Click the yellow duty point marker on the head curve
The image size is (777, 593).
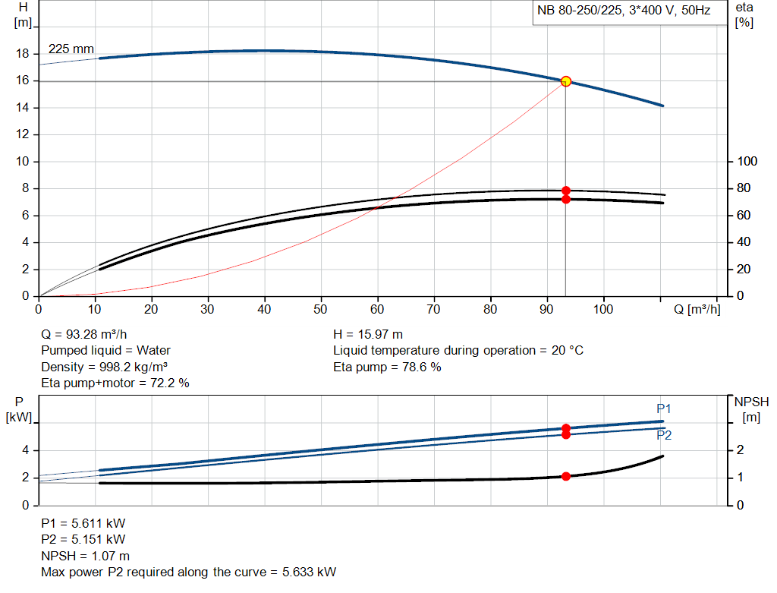565,81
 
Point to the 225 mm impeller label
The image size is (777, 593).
71,49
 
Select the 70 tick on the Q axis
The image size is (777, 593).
434,309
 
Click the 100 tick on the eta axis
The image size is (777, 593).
747,162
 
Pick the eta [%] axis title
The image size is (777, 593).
744,14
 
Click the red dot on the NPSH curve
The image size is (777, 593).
565,476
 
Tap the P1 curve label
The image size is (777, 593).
664,408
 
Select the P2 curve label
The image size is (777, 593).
664,436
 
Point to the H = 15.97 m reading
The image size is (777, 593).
368,334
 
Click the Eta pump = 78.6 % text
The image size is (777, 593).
387,367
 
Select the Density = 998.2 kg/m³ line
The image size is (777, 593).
104,367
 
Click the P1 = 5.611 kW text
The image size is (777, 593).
83,523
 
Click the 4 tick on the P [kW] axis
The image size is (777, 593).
25,450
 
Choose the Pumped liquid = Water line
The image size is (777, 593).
105,350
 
